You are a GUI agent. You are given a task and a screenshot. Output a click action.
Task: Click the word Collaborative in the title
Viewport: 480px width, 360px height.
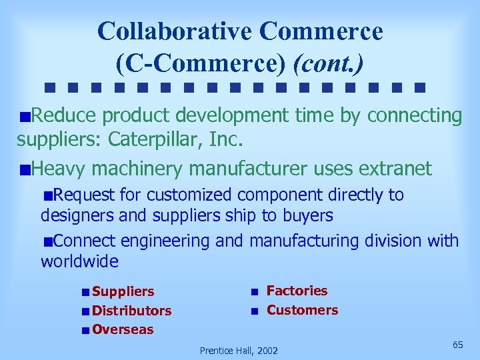tap(175, 31)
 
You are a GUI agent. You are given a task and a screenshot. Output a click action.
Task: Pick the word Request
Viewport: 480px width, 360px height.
tap(83, 195)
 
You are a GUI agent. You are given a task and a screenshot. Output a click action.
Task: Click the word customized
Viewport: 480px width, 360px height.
tap(189, 195)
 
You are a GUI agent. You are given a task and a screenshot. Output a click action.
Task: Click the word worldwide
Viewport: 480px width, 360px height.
tap(79, 261)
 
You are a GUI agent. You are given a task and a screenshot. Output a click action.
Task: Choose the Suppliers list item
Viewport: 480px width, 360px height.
tap(123, 291)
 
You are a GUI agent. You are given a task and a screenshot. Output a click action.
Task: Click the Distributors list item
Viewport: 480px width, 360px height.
tap(132, 311)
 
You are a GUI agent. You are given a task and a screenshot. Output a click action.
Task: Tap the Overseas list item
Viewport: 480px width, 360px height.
tap(123, 329)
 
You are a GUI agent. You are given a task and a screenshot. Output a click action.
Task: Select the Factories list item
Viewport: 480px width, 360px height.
tap(297, 291)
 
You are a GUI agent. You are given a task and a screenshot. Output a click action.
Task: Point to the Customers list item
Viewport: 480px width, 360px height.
tap(302, 310)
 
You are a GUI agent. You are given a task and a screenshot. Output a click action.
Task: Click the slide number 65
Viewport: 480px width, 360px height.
tap(457, 344)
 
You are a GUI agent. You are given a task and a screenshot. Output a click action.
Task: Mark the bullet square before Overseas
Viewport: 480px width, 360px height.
tap(87, 330)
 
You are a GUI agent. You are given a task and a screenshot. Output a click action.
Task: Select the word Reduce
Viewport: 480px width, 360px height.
tap(63, 115)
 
